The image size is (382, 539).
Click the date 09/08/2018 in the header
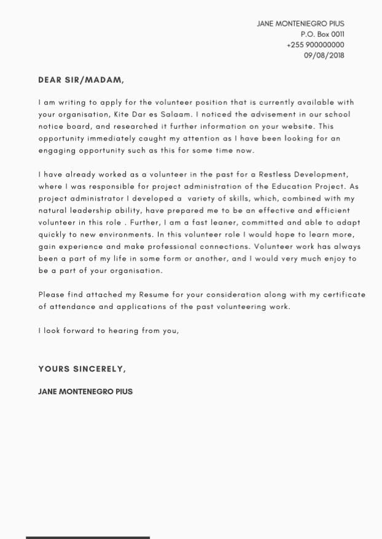point(324,55)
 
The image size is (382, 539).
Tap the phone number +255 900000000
point(315,45)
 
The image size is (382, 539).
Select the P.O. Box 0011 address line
point(322,34)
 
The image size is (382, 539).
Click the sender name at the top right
point(300,23)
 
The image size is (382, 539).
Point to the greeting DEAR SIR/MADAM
point(81,80)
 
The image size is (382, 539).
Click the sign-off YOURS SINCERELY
point(82,369)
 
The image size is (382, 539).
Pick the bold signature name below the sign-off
point(85,391)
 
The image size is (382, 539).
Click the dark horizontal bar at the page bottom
point(88,537)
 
